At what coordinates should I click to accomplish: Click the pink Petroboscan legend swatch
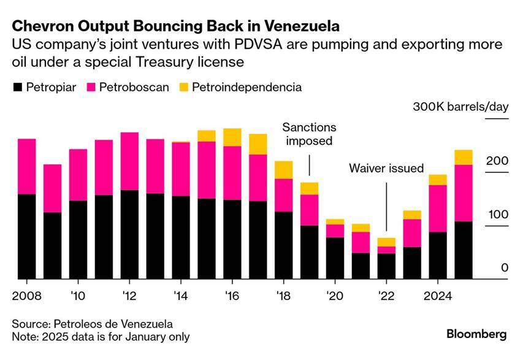coord(91,88)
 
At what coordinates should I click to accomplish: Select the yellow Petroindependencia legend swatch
coord(184,88)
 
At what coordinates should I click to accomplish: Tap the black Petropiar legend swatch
coord(18,88)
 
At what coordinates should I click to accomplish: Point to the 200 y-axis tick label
coord(497,161)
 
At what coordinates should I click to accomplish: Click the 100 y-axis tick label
coord(498,215)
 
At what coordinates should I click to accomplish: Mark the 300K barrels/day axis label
coord(460,107)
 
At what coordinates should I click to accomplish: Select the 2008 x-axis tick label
coord(27,296)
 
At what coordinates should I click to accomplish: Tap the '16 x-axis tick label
coord(232,296)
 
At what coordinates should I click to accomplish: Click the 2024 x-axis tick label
coord(438,296)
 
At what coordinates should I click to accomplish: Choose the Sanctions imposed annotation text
coord(309,134)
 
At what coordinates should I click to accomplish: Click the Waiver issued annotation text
coord(386,168)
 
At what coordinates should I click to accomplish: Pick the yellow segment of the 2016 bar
coord(232,137)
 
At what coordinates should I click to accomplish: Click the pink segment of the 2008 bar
coord(27,166)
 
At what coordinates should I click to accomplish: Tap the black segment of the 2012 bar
coord(129,234)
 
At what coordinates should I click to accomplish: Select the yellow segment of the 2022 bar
coord(386,242)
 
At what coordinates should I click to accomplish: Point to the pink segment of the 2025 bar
coord(464,193)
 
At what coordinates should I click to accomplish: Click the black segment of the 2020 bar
coord(335,258)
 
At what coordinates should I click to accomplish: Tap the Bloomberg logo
coord(476,334)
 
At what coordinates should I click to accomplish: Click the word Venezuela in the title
coord(302,26)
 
